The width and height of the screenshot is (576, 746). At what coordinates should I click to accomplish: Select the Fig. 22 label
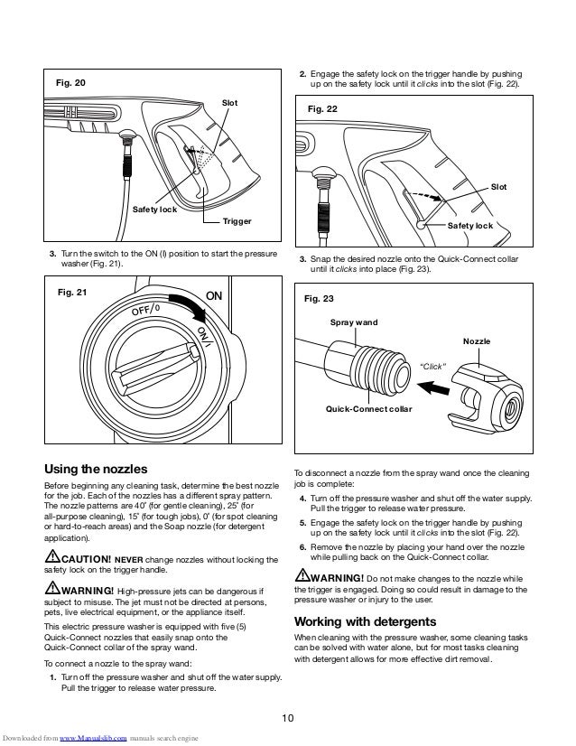[322, 109]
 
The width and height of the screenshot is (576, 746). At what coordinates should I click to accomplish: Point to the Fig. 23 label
[322, 297]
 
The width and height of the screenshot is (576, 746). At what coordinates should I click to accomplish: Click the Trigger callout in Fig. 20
[237, 220]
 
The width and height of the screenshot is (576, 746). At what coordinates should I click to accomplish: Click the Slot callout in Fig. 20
[229, 103]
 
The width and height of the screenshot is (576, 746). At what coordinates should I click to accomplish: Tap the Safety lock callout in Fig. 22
[470, 225]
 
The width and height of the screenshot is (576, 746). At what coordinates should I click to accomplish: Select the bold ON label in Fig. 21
[215, 295]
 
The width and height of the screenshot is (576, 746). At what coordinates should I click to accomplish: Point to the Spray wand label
[354, 321]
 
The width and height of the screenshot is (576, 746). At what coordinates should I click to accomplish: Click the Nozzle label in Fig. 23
[477, 342]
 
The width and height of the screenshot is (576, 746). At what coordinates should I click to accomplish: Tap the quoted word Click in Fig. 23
[435, 366]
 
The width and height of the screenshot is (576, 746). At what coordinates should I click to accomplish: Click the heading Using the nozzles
[96, 469]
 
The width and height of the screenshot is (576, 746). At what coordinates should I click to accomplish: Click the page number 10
[287, 718]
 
